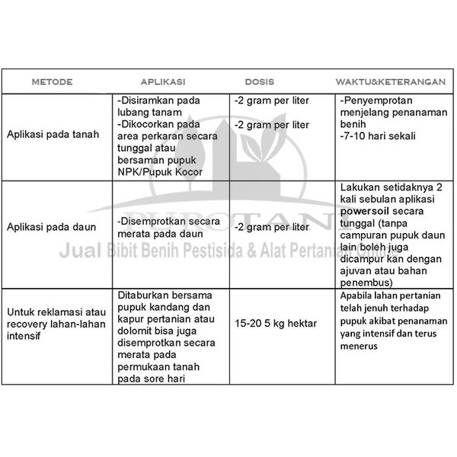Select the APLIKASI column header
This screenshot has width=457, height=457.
[x=163, y=81]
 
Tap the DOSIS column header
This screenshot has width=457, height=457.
[x=260, y=81]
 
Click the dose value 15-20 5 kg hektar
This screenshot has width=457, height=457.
[x=276, y=324]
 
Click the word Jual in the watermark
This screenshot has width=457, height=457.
[x=84, y=252]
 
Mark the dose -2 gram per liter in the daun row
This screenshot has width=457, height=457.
[x=271, y=227]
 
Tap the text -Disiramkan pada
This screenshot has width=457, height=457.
[x=158, y=100]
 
